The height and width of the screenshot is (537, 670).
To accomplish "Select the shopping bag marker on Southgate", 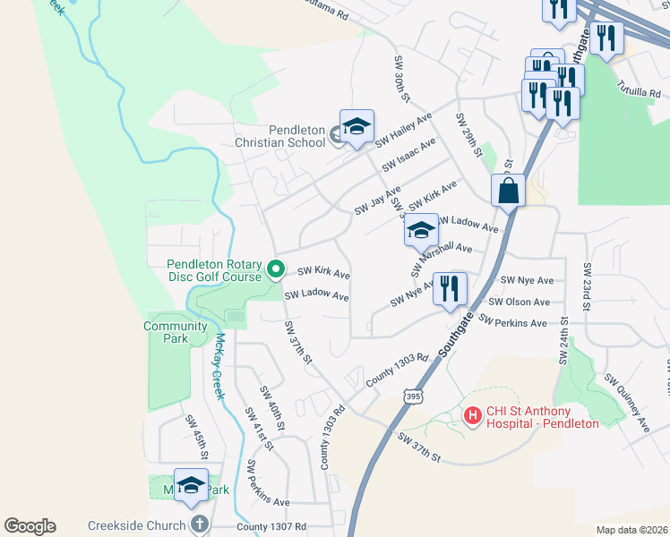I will click(x=508, y=191).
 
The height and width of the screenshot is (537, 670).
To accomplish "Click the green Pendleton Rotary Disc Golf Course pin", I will click(x=277, y=268).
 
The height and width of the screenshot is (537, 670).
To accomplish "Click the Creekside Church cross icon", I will click(x=198, y=524).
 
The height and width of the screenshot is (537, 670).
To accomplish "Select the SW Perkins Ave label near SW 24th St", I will click(x=512, y=321).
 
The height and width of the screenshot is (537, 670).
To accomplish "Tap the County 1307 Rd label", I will click(x=271, y=527).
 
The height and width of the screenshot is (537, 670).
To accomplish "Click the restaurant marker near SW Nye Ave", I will click(x=450, y=288).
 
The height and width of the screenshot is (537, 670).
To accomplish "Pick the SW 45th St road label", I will click(x=196, y=438).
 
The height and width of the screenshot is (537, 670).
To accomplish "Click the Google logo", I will click(x=30, y=526).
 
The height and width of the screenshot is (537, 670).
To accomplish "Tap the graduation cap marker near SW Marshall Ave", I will click(x=421, y=231).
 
